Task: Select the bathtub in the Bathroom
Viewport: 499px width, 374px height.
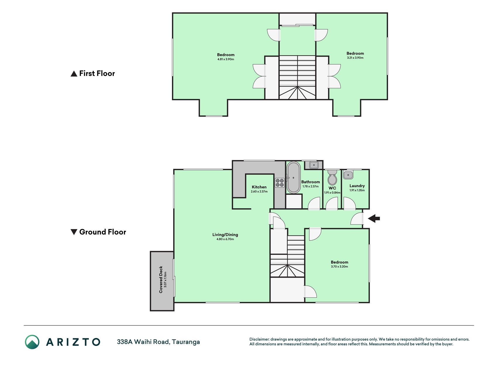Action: (x=293, y=177)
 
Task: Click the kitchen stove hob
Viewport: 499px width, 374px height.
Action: (x=280, y=183)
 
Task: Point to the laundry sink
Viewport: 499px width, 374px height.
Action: (x=348, y=175)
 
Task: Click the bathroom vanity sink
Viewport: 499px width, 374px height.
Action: (x=314, y=165)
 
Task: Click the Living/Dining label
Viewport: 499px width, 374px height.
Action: (x=225, y=234)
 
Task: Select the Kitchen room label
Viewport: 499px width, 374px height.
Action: (x=259, y=187)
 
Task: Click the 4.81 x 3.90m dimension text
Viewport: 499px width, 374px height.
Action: (x=226, y=59)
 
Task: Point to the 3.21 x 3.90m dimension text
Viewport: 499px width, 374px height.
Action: (x=355, y=58)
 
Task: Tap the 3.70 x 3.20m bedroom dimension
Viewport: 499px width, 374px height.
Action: (x=339, y=266)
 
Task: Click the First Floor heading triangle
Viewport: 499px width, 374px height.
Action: (x=74, y=74)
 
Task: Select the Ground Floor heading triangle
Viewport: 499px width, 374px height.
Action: (x=74, y=232)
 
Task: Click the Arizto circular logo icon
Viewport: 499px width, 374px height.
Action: (x=32, y=342)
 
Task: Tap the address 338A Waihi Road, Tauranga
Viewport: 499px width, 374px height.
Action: (x=158, y=342)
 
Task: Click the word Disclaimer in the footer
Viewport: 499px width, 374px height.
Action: (x=259, y=339)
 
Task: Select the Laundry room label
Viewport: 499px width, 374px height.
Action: (x=357, y=186)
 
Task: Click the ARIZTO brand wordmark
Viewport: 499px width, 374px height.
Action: (x=73, y=342)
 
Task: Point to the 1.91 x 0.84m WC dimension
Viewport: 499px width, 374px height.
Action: (x=332, y=193)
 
